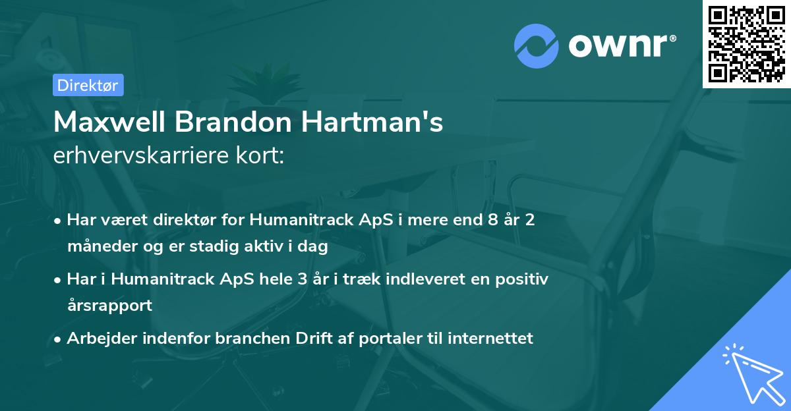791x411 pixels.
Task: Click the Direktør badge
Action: click(88, 85)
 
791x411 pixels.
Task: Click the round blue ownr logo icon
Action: click(537, 46)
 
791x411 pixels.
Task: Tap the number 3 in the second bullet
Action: click(303, 279)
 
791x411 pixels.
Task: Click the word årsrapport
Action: click(109, 305)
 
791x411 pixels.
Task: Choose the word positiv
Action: click(524, 279)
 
